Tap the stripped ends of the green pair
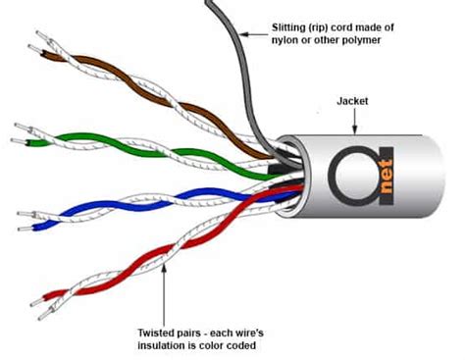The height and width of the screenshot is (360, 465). click(22, 129)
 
